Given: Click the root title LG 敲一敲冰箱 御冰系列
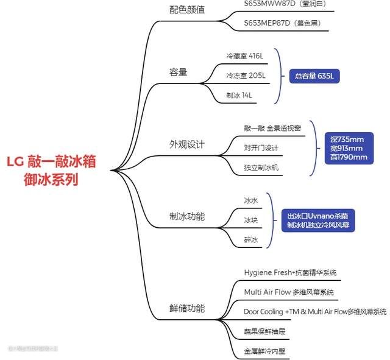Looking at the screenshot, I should pyautogui.click(x=51, y=171).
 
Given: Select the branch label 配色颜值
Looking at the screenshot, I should pyautogui.click(x=186, y=10).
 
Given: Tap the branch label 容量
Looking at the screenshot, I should pyautogui.click(x=178, y=72).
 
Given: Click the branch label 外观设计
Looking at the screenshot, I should pyautogui.click(x=186, y=144).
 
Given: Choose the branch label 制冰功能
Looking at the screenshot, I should pyautogui.click(x=186, y=216).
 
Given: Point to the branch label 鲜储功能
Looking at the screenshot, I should pyautogui.click(x=186, y=308).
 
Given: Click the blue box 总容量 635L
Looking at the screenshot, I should pyautogui.click(x=314, y=77).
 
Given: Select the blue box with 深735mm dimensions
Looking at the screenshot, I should pyautogui.click(x=345, y=148).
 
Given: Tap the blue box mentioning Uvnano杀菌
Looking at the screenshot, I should pyautogui.click(x=321, y=221).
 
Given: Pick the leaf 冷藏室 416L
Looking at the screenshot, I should pyautogui.click(x=244, y=56).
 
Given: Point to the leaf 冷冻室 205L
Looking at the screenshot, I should pyautogui.click(x=246, y=76).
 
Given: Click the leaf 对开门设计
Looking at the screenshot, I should pyautogui.click(x=261, y=147).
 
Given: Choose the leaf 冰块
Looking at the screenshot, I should pyautogui.click(x=251, y=220).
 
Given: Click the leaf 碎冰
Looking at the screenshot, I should pyautogui.click(x=251, y=240).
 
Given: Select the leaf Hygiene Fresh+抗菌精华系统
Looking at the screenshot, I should pyautogui.click(x=290, y=272).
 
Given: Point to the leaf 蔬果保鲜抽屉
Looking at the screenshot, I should pyautogui.click(x=264, y=331).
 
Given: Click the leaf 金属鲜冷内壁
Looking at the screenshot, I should pyautogui.click(x=264, y=351).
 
